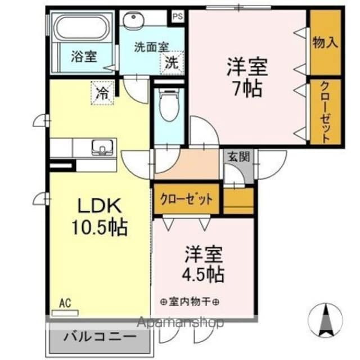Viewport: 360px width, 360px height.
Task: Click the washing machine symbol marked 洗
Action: click(172, 63)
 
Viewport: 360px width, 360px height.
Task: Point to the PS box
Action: click(178, 16)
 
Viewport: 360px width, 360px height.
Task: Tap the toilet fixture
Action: click(168, 107)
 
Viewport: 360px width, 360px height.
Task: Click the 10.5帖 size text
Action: click(98, 227)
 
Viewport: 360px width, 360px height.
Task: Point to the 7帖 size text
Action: click(246, 88)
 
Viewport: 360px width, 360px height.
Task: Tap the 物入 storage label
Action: click(326, 43)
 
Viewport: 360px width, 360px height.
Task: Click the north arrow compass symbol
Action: click(325, 321)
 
